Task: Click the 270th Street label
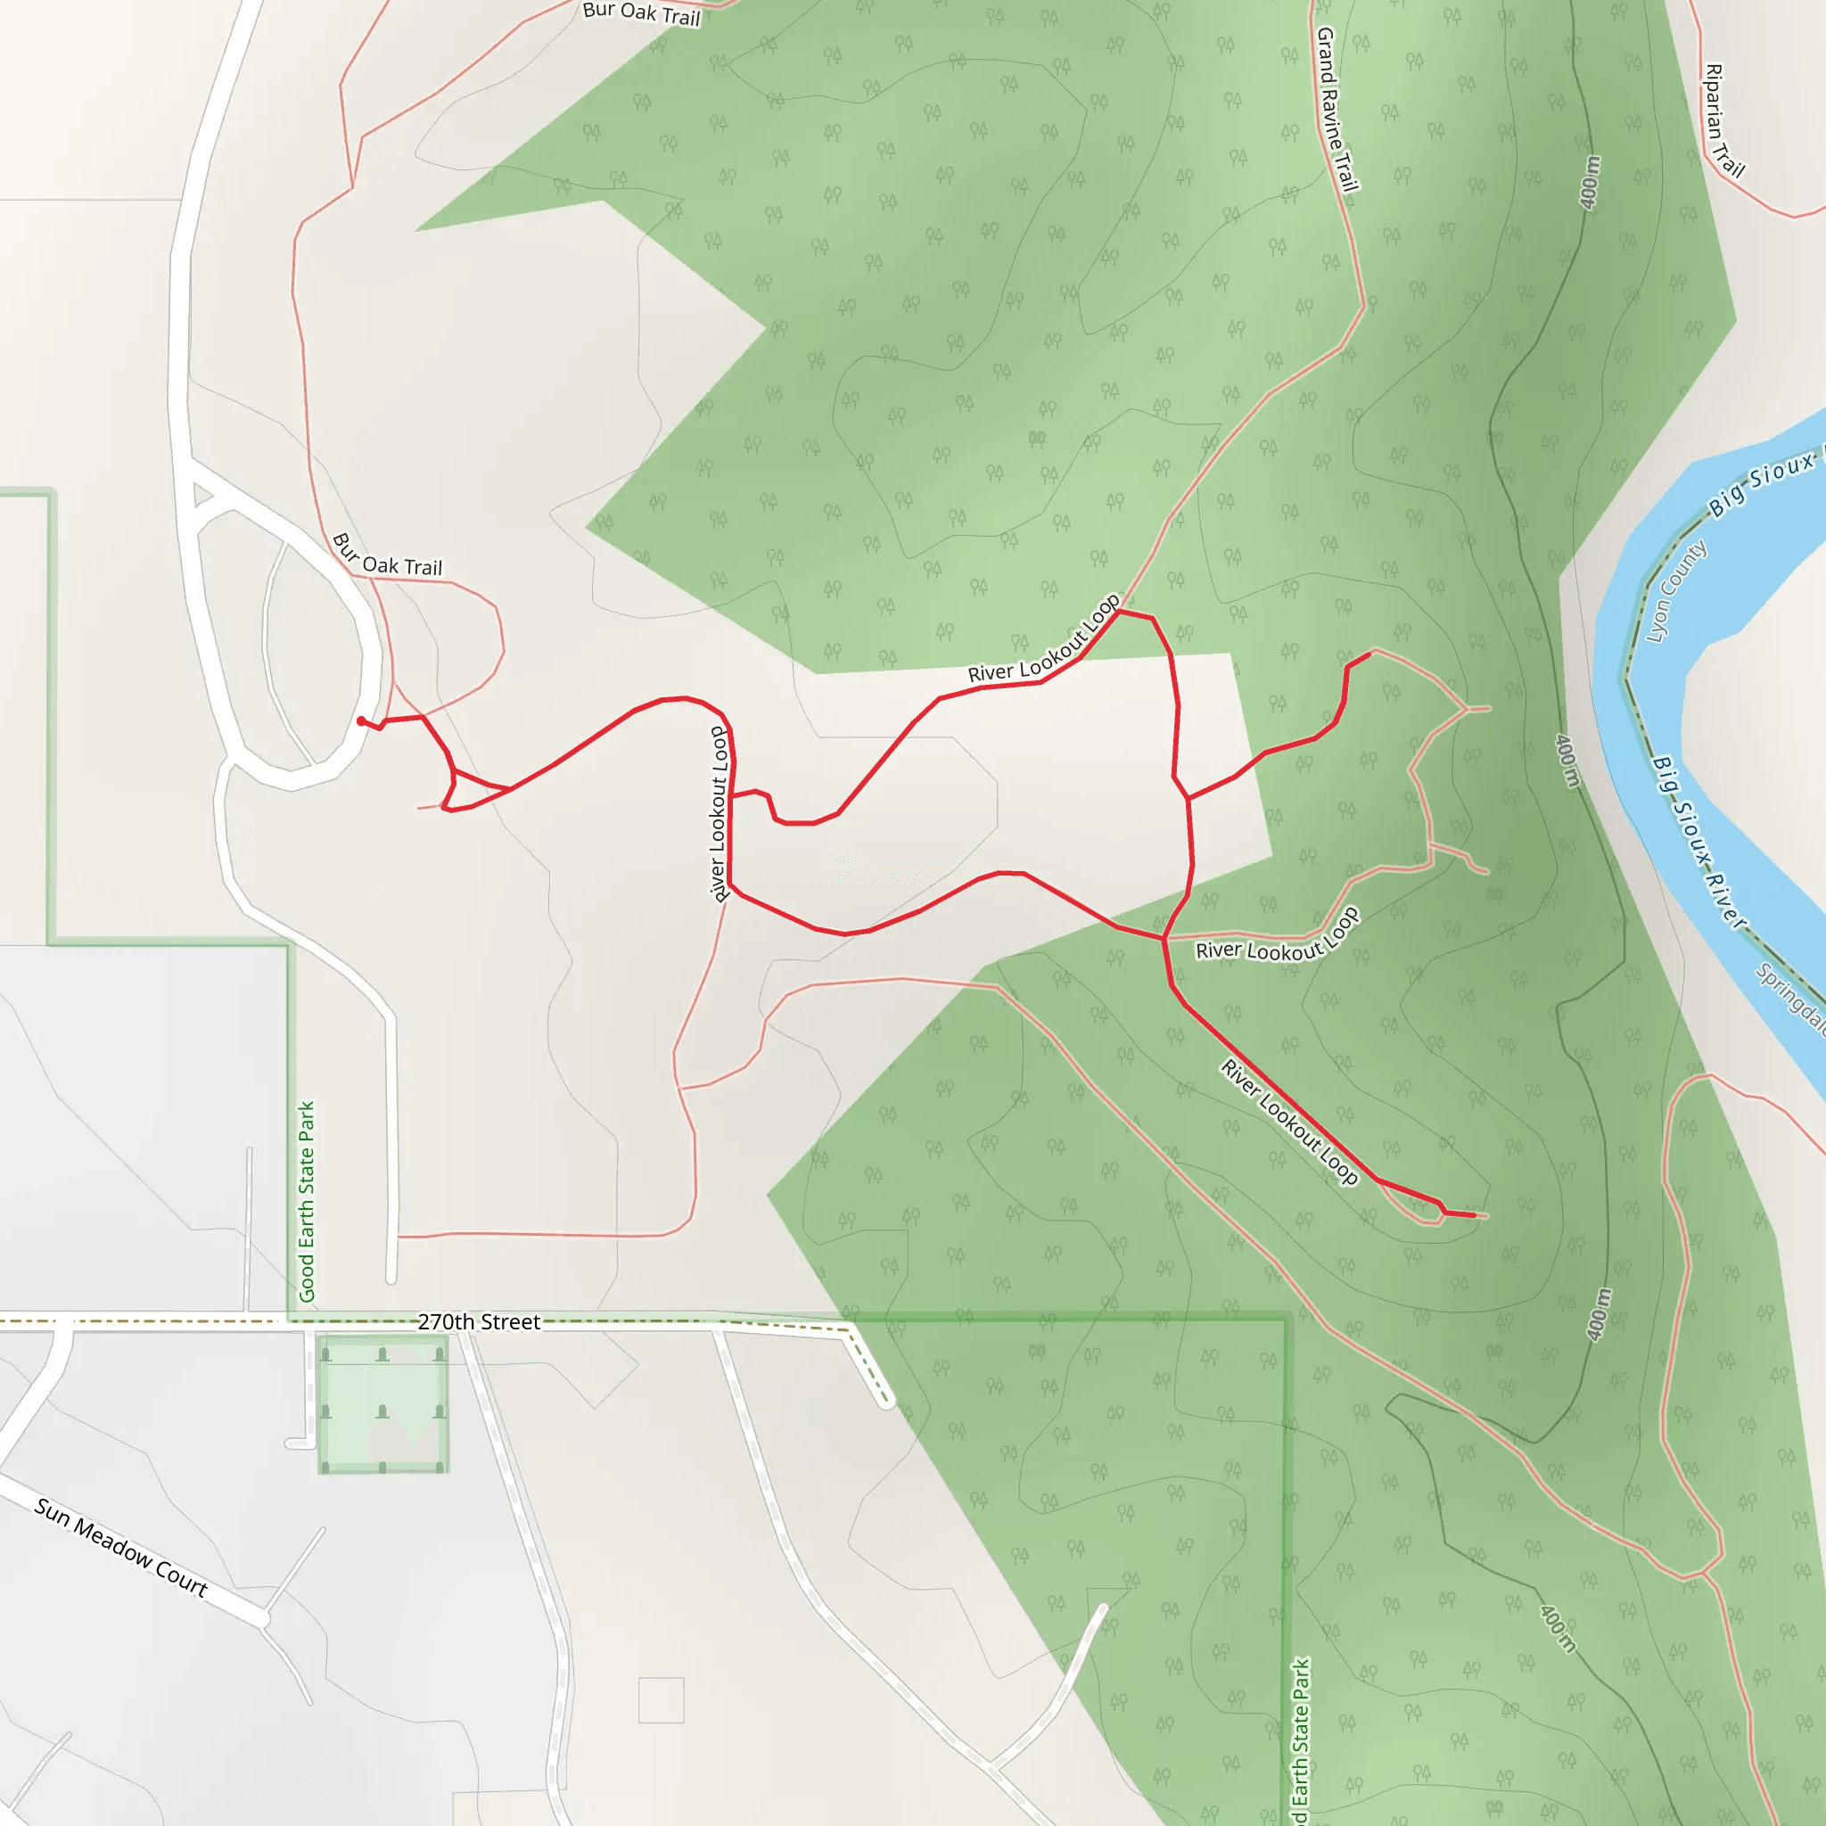point(478,1321)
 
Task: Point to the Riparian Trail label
point(1724,120)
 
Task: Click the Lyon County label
point(1675,591)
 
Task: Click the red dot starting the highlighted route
point(361,721)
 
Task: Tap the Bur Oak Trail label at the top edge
point(641,13)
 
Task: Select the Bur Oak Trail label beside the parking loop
point(387,555)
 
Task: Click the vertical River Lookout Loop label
point(720,814)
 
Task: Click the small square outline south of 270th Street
point(661,1700)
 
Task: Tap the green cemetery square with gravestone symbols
point(382,1403)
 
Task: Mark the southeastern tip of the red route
point(1474,1215)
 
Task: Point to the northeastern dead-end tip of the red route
point(1369,653)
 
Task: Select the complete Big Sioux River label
point(1699,840)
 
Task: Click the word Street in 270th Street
point(510,1321)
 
